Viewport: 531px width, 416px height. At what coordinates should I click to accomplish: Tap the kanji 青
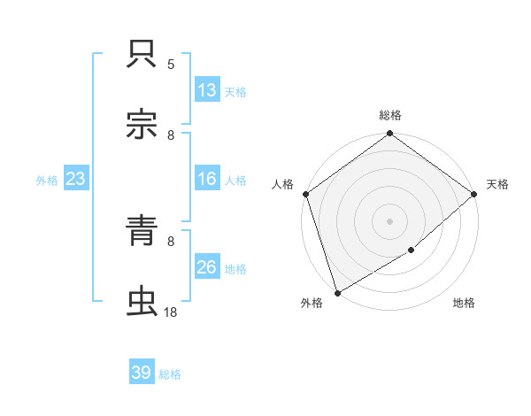pos(142,233)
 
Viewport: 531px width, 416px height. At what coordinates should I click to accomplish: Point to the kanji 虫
pos(142,302)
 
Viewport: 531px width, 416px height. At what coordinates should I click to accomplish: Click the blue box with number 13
pos(207,89)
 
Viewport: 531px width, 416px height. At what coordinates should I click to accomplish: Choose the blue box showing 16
pos(207,179)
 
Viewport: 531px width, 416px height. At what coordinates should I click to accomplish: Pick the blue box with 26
pos(207,267)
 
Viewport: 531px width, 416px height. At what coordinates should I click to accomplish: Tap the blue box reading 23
pos(76,179)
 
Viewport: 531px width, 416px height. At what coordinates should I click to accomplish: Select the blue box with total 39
pos(142,373)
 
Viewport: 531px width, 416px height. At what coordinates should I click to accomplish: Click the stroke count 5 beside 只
pos(171,65)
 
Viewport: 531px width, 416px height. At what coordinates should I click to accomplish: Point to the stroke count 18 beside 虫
pos(170,312)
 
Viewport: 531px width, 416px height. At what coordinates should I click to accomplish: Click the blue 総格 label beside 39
pos(170,374)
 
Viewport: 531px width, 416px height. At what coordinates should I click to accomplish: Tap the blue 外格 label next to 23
pos(47,181)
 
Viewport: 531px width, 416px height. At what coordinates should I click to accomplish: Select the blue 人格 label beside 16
pos(235,181)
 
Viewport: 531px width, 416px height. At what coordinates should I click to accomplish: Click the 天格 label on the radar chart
pos(497,184)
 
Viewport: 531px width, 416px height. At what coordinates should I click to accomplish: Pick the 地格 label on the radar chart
pos(464,304)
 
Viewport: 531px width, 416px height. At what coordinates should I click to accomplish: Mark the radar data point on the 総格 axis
pos(389,135)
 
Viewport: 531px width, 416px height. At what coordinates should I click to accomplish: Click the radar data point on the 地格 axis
pos(412,250)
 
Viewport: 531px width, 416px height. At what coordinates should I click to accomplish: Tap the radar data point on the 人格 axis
pos(305,194)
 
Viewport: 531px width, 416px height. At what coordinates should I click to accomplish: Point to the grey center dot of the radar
pos(389,220)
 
